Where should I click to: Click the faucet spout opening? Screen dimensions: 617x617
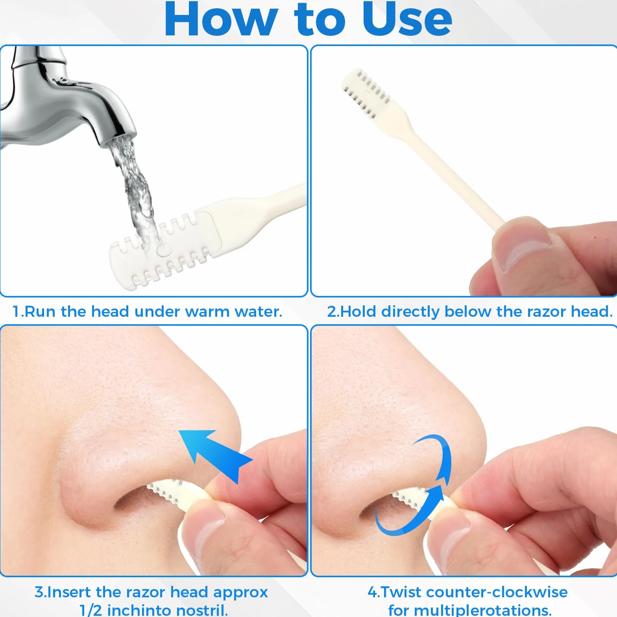tap(118, 142)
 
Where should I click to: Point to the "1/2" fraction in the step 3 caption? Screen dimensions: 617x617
tap(91, 610)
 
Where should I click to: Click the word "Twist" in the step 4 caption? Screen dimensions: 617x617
tap(401, 592)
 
